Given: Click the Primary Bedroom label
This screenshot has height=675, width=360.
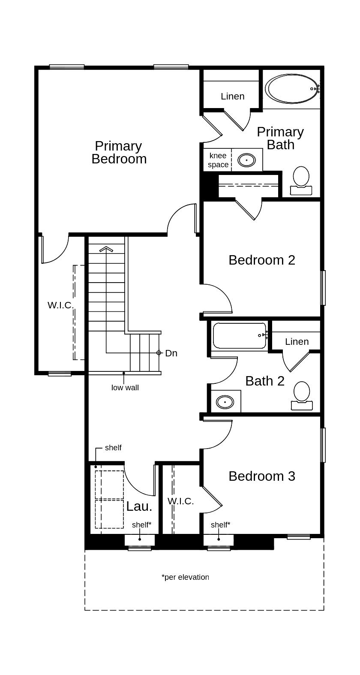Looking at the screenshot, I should (119, 152).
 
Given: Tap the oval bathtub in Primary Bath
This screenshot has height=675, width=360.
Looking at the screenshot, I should (292, 89).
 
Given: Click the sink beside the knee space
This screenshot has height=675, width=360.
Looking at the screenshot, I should (246, 160).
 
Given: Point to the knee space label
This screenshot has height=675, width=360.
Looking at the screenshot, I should (218, 160).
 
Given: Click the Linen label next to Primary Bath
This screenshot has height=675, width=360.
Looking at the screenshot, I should (232, 96).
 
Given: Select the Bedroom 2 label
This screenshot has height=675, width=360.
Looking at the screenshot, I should (261, 260).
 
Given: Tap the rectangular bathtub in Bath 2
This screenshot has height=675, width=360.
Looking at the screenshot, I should (239, 335).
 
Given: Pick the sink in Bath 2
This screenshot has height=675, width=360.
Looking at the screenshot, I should (225, 402).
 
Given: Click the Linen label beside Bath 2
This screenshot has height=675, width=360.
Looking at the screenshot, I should (297, 341).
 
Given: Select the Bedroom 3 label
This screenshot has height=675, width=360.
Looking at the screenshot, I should (261, 476).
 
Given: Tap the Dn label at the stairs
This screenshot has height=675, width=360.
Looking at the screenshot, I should (171, 353).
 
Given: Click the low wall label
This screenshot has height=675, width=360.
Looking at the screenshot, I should (125, 388).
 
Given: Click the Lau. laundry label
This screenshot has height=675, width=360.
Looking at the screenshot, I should (139, 506).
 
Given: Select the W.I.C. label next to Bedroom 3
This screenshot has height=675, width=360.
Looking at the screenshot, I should (180, 501).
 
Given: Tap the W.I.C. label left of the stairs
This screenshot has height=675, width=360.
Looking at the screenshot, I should (60, 305).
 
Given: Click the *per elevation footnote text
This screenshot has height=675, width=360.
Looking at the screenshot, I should (185, 577).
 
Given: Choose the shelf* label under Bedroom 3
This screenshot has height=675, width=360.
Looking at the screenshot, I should (220, 525).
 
